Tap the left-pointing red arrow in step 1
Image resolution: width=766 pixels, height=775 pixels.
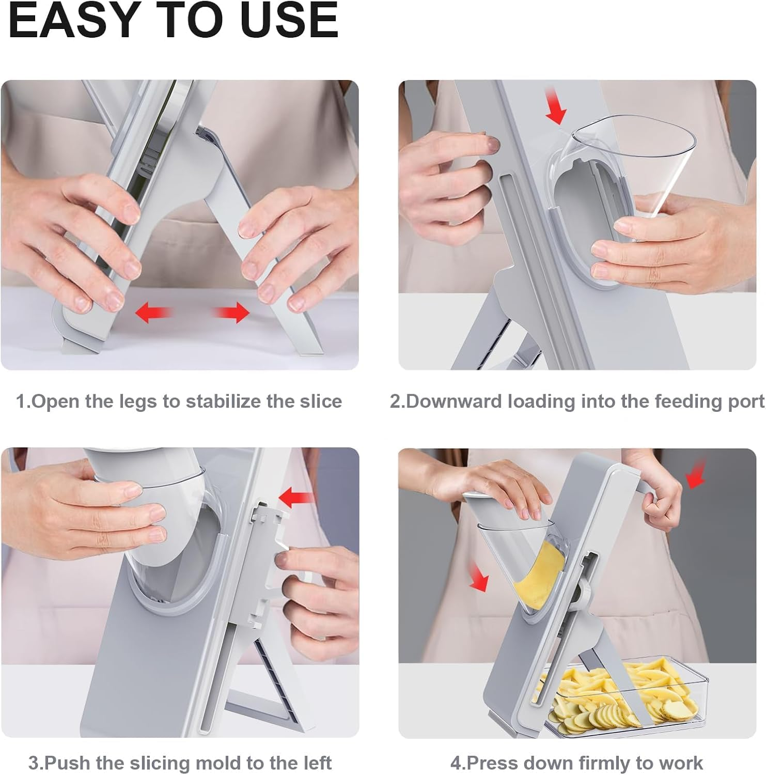(x=153, y=313)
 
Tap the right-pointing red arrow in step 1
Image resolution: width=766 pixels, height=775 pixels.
(x=232, y=313)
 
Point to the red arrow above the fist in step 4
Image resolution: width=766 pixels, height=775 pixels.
(x=696, y=474)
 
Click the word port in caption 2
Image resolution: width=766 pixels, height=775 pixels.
(x=746, y=401)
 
